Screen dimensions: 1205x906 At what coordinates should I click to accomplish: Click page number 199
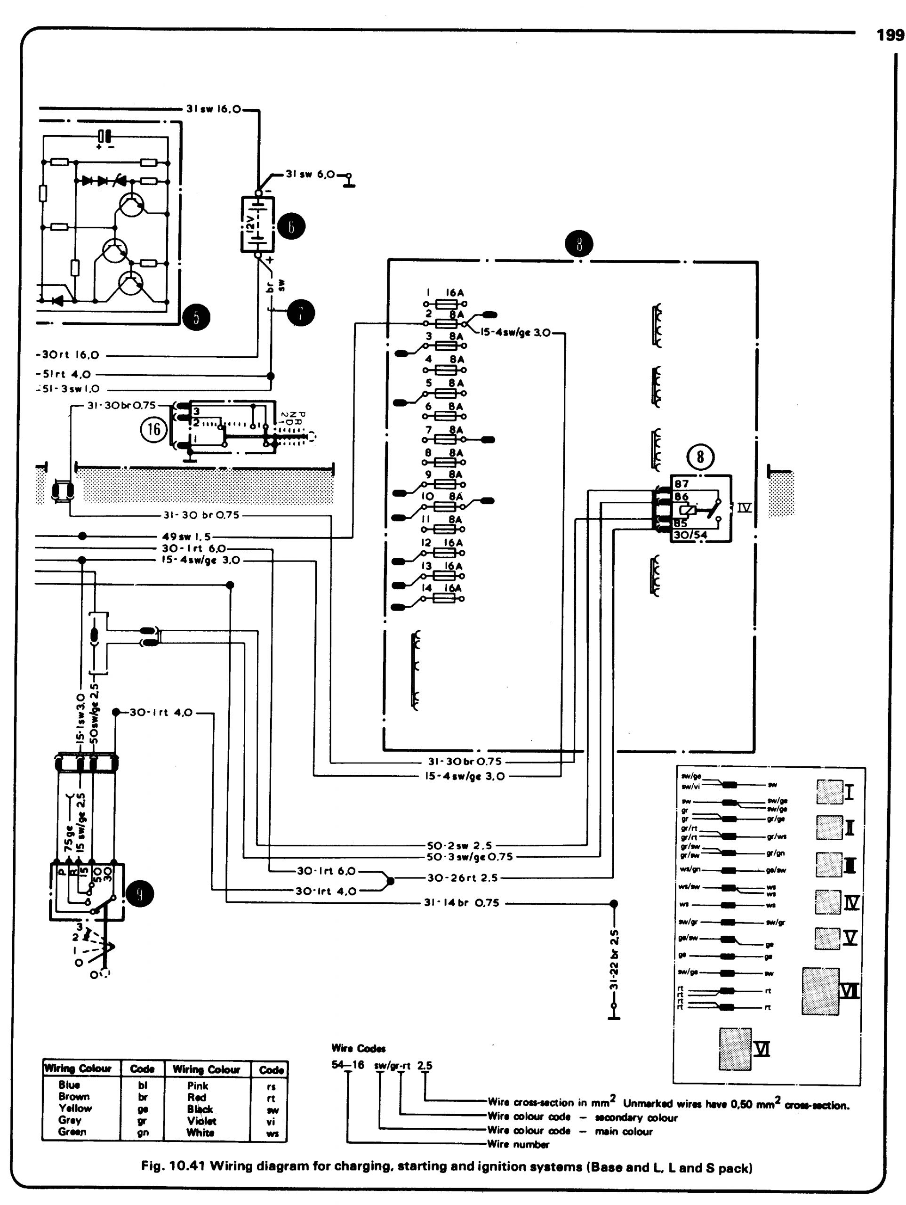click(x=890, y=35)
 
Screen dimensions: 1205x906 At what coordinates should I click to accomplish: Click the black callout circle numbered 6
click(x=291, y=226)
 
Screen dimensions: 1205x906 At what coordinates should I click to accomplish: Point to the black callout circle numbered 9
click(x=140, y=894)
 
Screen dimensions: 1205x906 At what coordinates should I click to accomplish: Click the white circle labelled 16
click(x=154, y=430)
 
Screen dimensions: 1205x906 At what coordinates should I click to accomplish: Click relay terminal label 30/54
click(x=691, y=535)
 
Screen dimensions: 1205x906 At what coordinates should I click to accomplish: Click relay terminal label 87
click(x=682, y=484)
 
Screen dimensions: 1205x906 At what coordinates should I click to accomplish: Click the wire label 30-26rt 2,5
click(x=462, y=877)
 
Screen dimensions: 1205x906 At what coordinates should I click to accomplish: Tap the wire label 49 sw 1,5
click(x=186, y=537)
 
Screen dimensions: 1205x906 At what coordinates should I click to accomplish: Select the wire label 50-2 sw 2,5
click(x=459, y=845)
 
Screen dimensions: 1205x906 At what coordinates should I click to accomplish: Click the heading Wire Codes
click(x=359, y=1048)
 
